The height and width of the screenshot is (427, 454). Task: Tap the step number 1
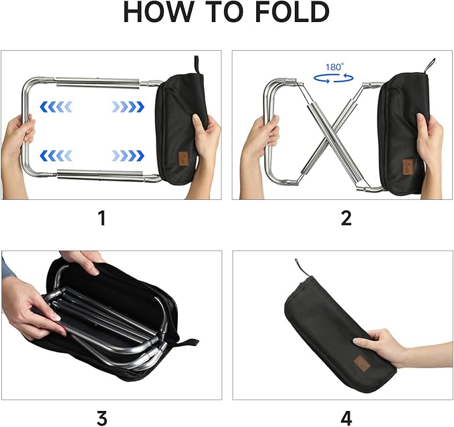(x=102, y=217)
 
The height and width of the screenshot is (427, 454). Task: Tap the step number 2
(x=346, y=217)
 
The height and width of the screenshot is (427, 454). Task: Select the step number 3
(x=102, y=418)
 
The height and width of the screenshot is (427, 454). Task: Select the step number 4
(x=346, y=418)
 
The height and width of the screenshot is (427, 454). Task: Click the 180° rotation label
(x=334, y=67)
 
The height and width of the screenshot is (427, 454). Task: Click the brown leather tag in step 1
(x=183, y=160)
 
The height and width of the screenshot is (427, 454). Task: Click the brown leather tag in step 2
(x=407, y=165)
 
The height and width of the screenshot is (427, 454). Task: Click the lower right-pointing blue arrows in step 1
(x=127, y=156)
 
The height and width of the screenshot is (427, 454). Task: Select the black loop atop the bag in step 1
(x=197, y=63)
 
